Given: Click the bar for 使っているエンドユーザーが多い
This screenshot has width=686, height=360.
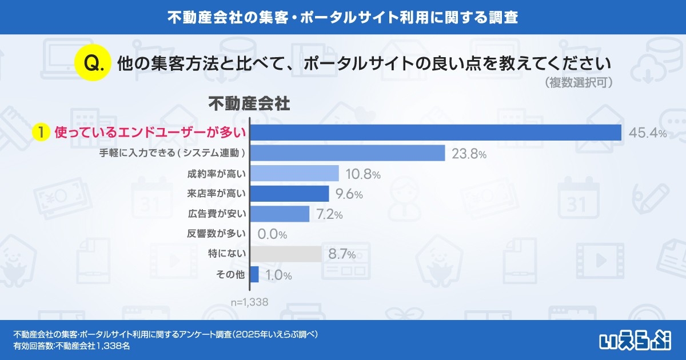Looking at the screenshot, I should (x=436, y=132).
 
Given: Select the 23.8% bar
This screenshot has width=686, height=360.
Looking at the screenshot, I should (x=348, y=153).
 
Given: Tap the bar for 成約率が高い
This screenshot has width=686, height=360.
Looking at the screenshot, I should (x=295, y=173).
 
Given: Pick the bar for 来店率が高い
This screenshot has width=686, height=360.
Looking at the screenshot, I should (x=290, y=194).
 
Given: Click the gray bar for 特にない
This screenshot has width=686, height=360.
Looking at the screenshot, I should (x=286, y=254).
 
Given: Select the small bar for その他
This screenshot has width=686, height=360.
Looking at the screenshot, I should (x=254, y=274).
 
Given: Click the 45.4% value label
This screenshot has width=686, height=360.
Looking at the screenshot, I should (x=648, y=133).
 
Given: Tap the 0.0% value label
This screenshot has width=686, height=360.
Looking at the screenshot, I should (x=272, y=234).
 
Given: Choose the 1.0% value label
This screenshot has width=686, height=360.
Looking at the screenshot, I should (x=278, y=275).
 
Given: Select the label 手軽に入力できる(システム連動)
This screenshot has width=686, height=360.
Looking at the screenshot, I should (x=172, y=153).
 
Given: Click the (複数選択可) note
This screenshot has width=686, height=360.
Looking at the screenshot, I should (x=580, y=83).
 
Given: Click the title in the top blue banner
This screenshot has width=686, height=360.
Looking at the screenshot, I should (x=343, y=17).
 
